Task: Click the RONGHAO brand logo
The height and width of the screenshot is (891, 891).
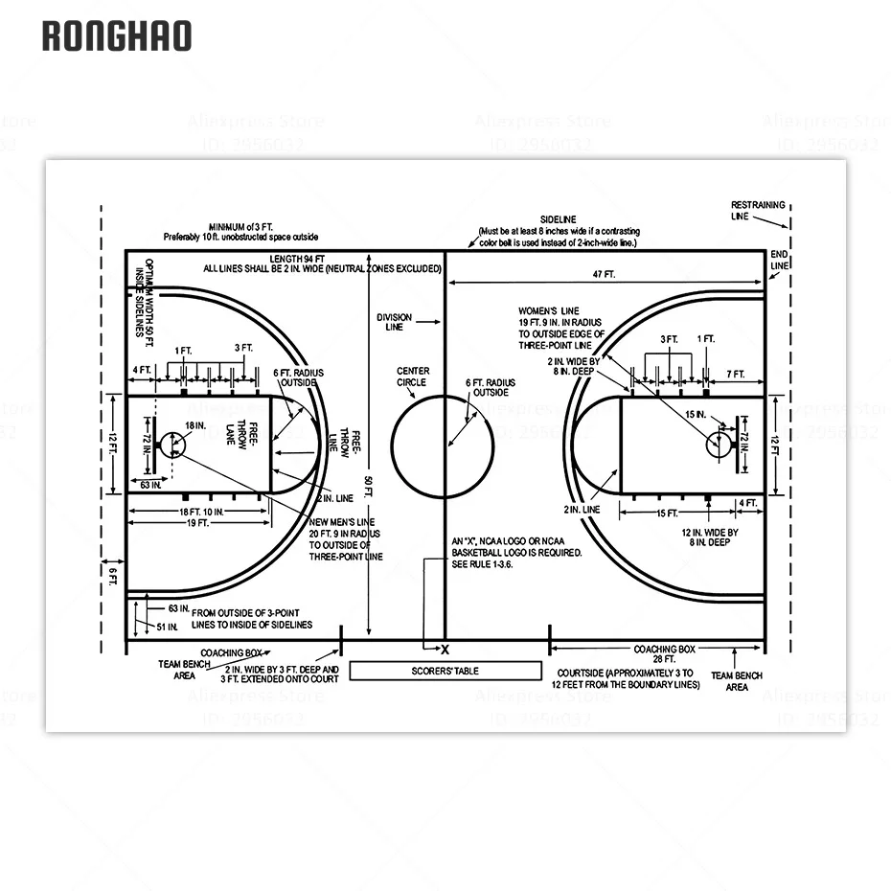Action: pyautogui.click(x=116, y=36)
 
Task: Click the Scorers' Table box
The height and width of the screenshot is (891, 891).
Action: pyautogui.click(x=445, y=671)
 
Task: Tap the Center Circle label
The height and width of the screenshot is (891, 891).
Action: pyautogui.click(x=413, y=377)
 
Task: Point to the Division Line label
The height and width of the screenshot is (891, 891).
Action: pyautogui.click(x=395, y=321)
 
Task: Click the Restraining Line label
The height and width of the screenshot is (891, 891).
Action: pyautogui.click(x=758, y=211)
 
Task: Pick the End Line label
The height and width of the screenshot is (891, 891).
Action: pyautogui.click(x=780, y=259)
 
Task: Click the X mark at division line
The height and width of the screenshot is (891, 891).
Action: pyautogui.click(x=445, y=650)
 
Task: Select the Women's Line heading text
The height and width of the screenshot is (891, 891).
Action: pyautogui.click(x=549, y=311)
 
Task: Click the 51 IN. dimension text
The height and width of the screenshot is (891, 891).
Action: pyautogui.click(x=167, y=627)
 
